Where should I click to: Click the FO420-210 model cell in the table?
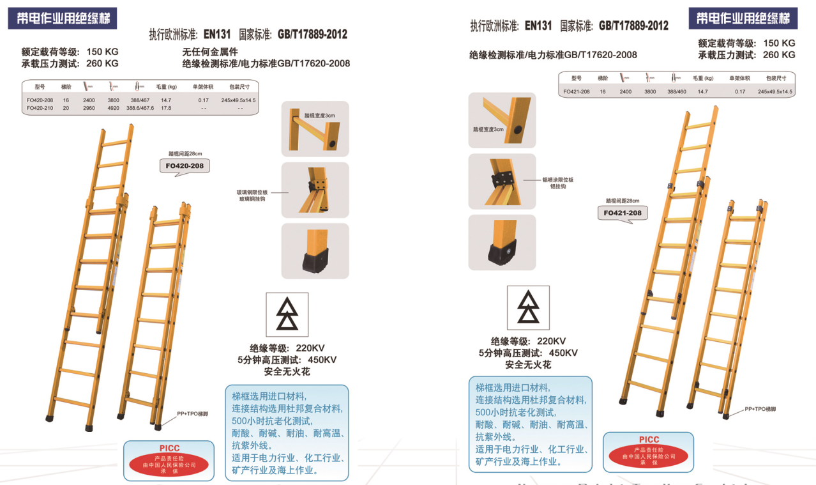click(40, 108)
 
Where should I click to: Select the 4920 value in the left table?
click(113, 108)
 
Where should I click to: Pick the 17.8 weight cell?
click(166, 108)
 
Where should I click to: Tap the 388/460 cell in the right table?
click(676, 91)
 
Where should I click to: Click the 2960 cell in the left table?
click(89, 108)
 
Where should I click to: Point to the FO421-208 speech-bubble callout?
click(623, 213)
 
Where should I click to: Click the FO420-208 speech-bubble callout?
click(184, 166)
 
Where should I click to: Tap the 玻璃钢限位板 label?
click(252, 192)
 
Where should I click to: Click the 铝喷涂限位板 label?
click(558, 180)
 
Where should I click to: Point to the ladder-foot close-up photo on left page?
click(315, 250)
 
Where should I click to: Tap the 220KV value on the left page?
click(310, 348)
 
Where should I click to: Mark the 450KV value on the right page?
click(563, 353)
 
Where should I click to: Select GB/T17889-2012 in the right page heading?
click(633, 26)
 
